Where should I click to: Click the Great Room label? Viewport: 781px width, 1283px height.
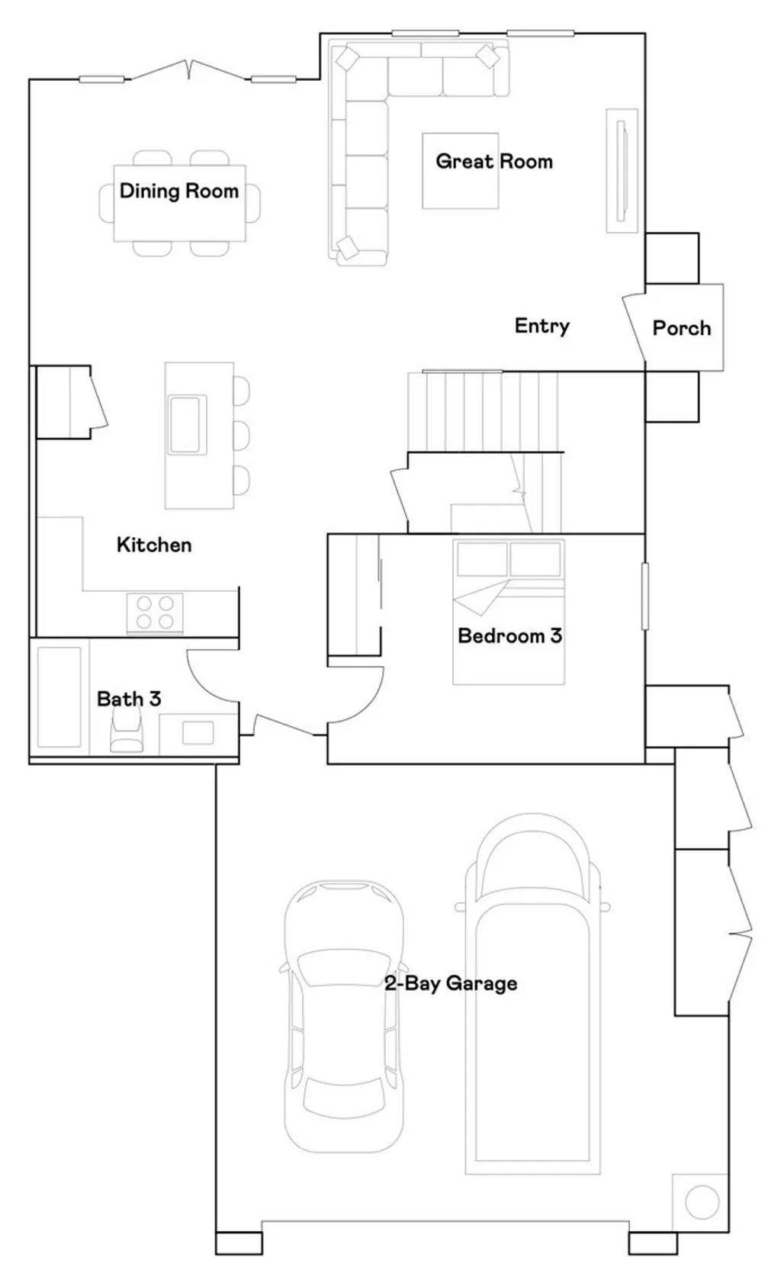coord(493,162)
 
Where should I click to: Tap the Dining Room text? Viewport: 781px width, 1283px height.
coord(178,191)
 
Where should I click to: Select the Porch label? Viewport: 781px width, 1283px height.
coord(681,328)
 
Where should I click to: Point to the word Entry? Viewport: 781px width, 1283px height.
coord(542,326)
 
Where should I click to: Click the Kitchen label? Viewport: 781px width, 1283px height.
coord(154,545)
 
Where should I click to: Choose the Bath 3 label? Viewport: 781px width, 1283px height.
coord(129,699)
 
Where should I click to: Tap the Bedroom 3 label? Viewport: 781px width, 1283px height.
coord(509,635)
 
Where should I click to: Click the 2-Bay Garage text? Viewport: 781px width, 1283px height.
coord(451,983)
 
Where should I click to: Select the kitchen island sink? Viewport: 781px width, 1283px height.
coord(186,424)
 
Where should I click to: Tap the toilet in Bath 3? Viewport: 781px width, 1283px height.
coord(127,734)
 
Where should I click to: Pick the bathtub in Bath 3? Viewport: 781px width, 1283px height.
coord(59,697)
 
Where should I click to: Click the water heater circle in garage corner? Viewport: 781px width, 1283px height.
coord(702,1202)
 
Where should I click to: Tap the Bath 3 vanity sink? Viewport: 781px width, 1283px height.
coord(198,733)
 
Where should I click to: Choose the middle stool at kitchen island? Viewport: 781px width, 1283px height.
coord(241,435)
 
